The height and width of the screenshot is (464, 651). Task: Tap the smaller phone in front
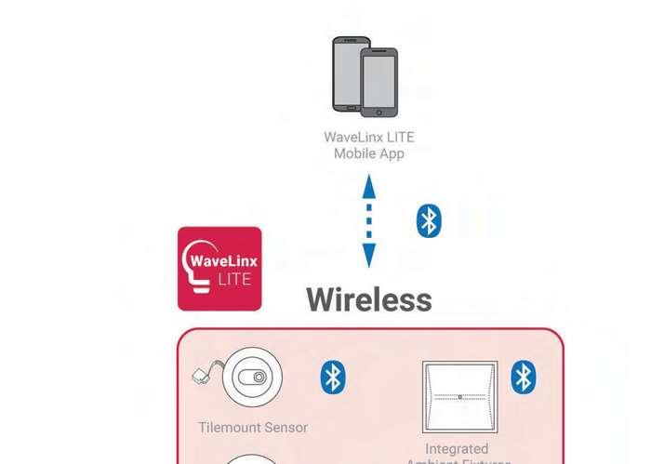point(379,84)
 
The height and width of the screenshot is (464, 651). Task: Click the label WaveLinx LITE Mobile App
point(369,145)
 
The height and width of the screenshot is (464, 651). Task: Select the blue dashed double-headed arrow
point(369,222)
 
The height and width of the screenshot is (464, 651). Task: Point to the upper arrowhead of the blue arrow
point(369,185)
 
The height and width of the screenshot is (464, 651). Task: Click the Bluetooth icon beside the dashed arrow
point(428,221)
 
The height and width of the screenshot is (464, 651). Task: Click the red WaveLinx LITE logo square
point(219,268)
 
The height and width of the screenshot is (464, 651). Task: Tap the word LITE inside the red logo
point(232,279)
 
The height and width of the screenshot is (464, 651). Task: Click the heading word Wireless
point(369,299)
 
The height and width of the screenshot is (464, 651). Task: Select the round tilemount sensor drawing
point(252,378)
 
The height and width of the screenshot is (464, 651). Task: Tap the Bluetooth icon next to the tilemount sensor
point(333,377)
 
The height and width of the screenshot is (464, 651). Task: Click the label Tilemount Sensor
point(253,428)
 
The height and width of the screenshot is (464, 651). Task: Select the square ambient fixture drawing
point(459,396)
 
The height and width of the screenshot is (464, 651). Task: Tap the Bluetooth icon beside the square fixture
point(525,377)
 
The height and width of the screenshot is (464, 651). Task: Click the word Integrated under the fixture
point(457,449)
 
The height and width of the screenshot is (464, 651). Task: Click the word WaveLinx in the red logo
point(223,260)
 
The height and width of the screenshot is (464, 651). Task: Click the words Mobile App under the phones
point(369,153)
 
